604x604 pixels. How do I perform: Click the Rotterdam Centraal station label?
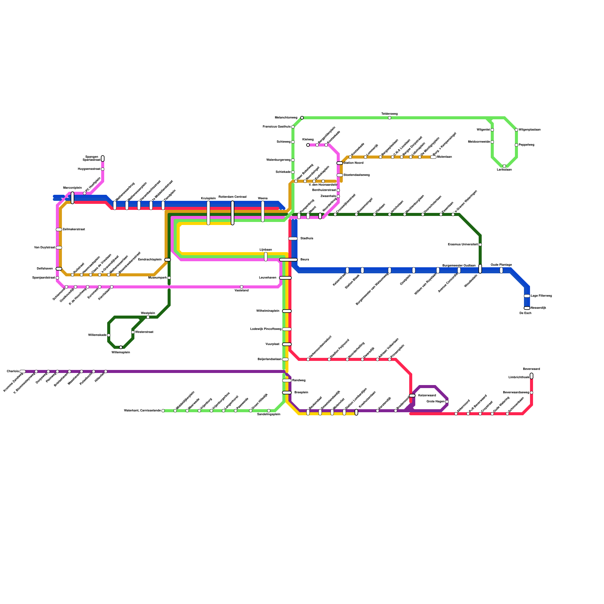tap(232, 197)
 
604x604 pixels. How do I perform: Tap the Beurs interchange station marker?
tap(288, 260)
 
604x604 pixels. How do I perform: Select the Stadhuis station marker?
tap(293, 239)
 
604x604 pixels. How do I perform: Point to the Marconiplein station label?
tap(72, 188)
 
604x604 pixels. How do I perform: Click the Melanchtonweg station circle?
tap(302, 118)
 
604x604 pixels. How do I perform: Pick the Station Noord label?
tap(354, 163)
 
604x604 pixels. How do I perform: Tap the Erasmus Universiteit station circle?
tap(480, 245)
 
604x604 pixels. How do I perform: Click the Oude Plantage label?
tap(501, 265)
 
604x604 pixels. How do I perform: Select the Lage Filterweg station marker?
tap(527, 296)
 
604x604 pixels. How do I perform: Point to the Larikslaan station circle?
tap(504, 166)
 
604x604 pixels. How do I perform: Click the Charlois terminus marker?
tap(23, 371)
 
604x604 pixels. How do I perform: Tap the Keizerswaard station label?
tap(427, 395)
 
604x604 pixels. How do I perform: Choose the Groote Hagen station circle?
tap(447, 402)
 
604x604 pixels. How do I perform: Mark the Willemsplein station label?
tap(120, 352)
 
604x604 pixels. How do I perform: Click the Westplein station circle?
tap(148, 317)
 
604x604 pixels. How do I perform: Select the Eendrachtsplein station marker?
tap(168, 260)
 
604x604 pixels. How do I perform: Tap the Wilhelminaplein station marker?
tap(287, 311)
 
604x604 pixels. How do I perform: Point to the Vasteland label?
tap(242, 290)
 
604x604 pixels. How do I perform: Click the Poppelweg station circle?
tap(516, 145)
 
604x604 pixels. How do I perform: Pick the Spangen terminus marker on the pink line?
tap(103, 159)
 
